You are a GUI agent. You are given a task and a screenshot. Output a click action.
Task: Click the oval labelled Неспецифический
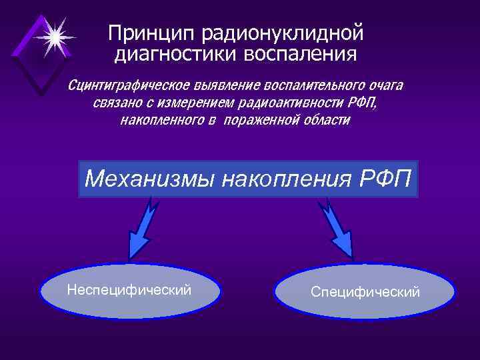pos(129,291)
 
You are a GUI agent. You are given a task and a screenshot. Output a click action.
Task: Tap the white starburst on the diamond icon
pos(53,37)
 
